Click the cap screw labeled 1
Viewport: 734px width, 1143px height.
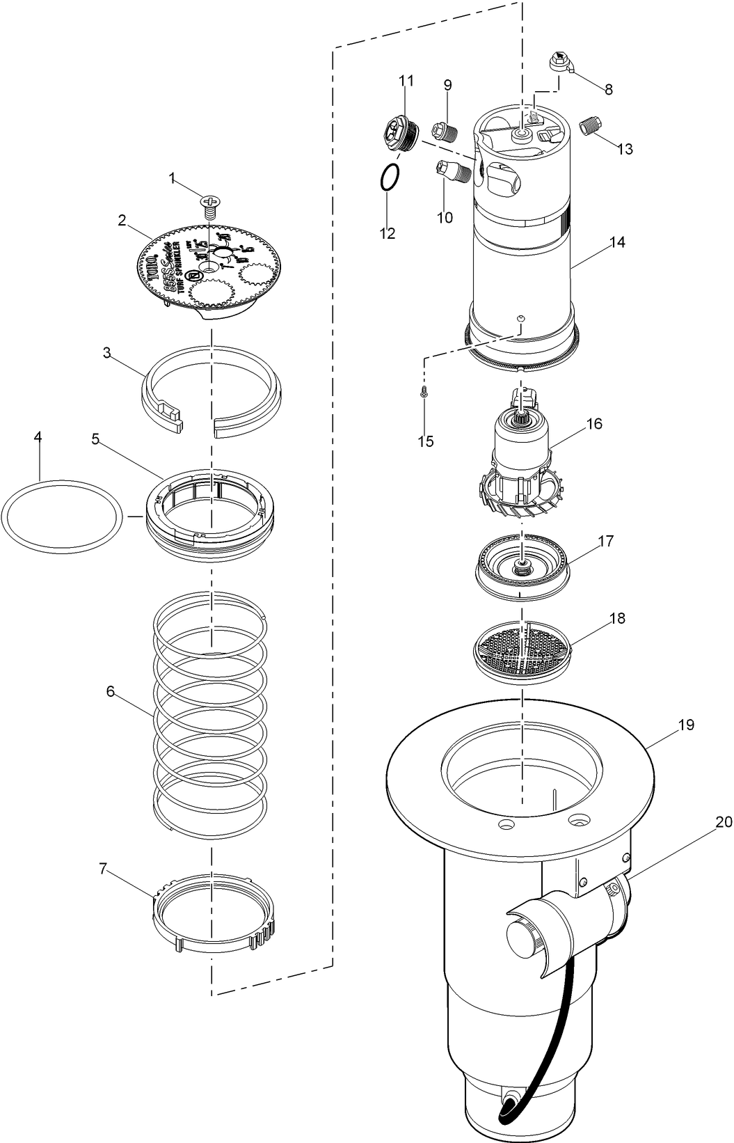(209, 203)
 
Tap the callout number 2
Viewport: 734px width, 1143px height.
(122, 221)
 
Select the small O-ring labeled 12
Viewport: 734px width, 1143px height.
(390, 177)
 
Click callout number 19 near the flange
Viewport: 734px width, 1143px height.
(686, 725)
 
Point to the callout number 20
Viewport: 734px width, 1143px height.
(724, 822)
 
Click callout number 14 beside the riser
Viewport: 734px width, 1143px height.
(616, 242)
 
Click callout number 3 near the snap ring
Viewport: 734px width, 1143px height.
(106, 353)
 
